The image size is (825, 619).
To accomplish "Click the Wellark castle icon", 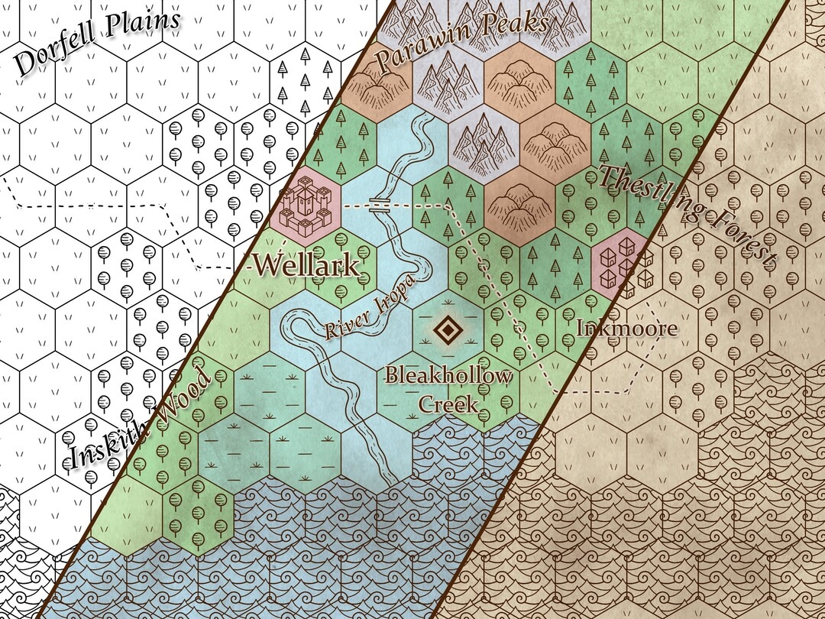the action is point(305,205).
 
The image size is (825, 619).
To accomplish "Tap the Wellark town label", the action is point(306,266).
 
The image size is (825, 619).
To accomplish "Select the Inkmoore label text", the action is point(626,329).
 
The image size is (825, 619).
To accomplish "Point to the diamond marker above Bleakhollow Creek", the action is point(447,331).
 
